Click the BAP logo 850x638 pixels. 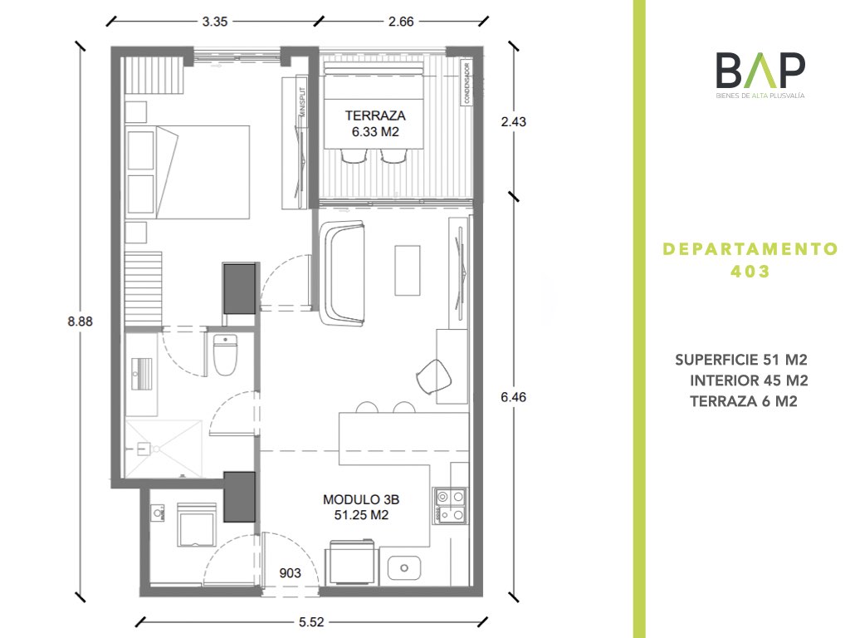click(760, 75)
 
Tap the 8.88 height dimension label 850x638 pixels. click(81, 321)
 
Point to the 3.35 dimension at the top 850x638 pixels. click(215, 22)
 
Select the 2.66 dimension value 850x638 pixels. click(401, 22)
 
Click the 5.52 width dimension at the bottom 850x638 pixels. click(311, 622)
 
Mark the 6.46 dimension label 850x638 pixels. click(513, 397)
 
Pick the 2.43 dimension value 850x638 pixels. click(513, 121)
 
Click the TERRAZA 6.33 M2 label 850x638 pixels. click(375, 124)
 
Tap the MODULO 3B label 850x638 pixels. click(361, 499)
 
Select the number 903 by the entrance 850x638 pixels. click(290, 573)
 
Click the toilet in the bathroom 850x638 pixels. click(225, 356)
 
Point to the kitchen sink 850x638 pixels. click(404, 567)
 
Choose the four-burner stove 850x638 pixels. click(450, 505)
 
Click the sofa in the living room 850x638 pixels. click(343, 273)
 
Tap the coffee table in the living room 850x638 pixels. click(408, 270)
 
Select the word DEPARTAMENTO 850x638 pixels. click(750, 249)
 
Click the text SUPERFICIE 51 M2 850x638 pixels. click(741, 360)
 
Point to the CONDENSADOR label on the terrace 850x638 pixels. click(467, 83)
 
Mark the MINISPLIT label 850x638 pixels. click(302, 102)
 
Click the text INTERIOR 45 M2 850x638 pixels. click(749, 380)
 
